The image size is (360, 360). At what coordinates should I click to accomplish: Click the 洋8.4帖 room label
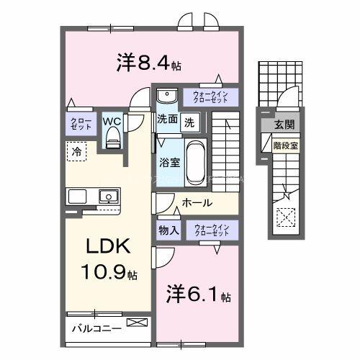[148, 63]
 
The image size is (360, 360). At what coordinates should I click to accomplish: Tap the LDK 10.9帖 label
[108, 258]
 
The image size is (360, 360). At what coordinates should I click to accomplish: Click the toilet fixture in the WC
[112, 140]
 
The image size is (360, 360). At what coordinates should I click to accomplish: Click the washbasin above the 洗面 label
[167, 96]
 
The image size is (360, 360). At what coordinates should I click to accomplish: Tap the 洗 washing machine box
[188, 122]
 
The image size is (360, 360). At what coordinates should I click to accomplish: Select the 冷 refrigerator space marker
[75, 151]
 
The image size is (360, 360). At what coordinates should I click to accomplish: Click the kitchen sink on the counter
[108, 196]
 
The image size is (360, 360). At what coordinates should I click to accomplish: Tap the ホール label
[197, 203]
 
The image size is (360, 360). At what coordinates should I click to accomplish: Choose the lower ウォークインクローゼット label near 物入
[210, 230]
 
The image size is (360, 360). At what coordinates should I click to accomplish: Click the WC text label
[111, 120]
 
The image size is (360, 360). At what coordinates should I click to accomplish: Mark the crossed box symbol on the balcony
[135, 323]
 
